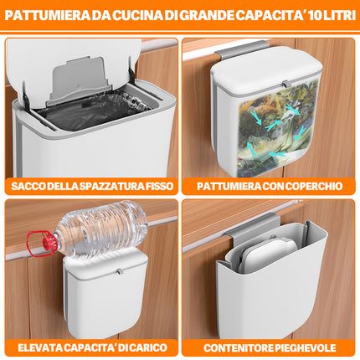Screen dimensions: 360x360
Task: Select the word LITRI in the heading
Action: click(x=339, y=15)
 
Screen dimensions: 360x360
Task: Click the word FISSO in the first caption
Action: click(x=160, y=186)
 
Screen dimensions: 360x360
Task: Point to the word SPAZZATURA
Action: click(x=111, y=186)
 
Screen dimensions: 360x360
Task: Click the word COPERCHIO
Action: click(x=313, y=186)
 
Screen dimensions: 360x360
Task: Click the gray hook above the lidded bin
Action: click(x=242, y=49)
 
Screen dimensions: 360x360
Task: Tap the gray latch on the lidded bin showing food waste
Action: click(x=285, y=84)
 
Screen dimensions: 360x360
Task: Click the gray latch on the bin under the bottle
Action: click(x=119, y=270)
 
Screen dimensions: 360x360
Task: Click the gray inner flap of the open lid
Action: click(x=80, y=80)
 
